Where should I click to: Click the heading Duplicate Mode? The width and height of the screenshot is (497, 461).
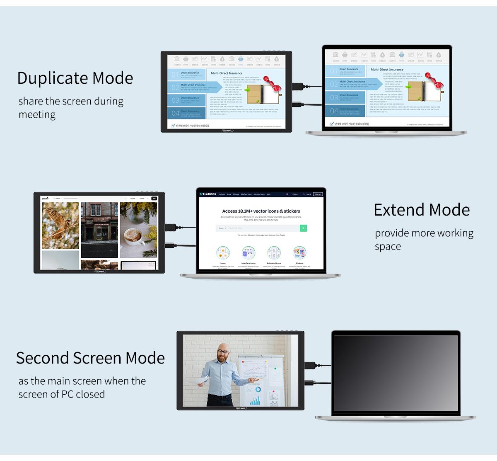pyautogui.click(x=75, y=78)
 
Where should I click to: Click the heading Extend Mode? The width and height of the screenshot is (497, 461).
pyautogui.click(x=421, y=210)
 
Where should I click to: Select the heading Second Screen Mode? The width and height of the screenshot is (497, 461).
pyautogui.click(x=90, y=358)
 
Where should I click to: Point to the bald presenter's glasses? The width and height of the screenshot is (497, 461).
pyautogui.click(x=223, y=352)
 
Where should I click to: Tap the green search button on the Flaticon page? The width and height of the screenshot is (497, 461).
pyautogui.click(x=303, y=228)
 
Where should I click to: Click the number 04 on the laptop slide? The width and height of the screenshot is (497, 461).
pyautogui.click(x=334, y=111)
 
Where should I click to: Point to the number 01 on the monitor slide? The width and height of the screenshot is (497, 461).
pyautogui.click(x=175, y=75)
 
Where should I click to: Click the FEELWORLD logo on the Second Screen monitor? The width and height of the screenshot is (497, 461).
pyautogui.click(x=241, y=408)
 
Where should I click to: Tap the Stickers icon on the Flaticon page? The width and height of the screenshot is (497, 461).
pyautogui.click(x=299, y=253)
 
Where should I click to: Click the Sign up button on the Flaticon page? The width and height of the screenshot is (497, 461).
pyautogui.click(x=318, y=194)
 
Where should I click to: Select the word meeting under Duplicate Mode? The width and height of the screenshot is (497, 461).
pyautogui.click(x=37, y=114)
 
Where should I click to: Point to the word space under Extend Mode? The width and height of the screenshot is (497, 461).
pyautogui.click(x=388, y=246)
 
